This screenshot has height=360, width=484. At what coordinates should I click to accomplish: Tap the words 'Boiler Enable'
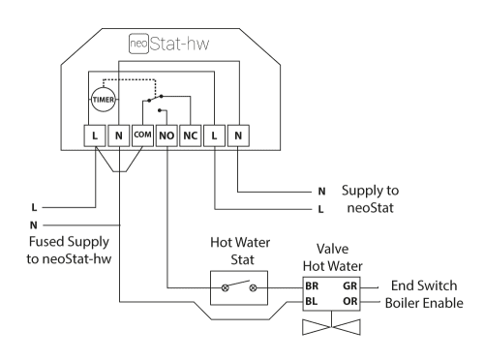tap(429, 303)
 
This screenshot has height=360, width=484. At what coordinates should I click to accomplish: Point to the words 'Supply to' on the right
tap(369, 190)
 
